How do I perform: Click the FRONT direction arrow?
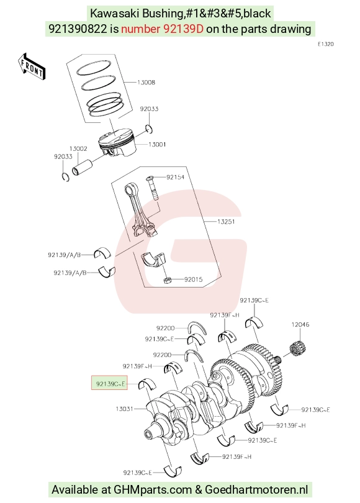32,66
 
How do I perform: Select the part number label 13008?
146,83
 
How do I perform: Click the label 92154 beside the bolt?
175,177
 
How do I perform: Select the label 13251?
226,222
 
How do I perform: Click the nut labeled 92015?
167,280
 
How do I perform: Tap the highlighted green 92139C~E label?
110,383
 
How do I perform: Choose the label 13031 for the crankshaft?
124,409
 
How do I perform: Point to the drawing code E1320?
325,44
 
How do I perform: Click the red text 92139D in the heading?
183,29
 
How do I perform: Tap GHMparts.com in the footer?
153,490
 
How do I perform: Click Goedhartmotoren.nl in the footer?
256,490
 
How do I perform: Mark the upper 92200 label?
166,328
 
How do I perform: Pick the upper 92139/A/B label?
65,255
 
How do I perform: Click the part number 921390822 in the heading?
78,29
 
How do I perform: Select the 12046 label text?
300,325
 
